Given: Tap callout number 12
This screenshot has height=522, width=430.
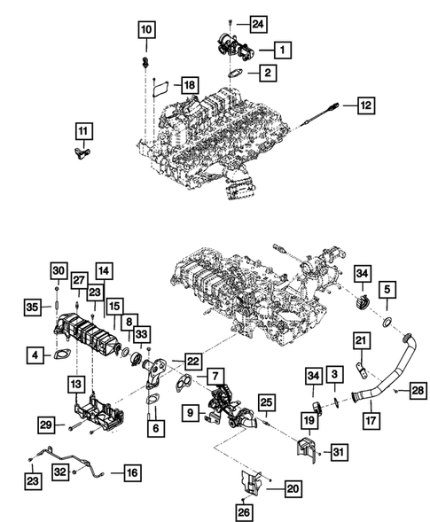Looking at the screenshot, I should coord(366,105).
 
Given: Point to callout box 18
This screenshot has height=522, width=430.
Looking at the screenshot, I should coord(189,84).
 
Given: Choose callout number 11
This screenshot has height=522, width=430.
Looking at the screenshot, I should coord(82,133).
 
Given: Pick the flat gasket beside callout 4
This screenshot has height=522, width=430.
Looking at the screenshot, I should coord(64,358).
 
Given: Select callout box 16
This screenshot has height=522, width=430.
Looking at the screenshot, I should coord(130,472).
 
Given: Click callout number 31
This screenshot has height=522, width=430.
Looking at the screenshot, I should coord(338,453).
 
